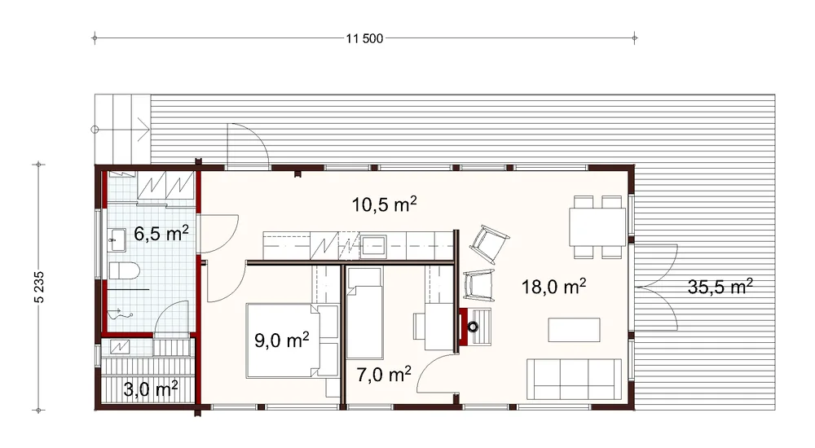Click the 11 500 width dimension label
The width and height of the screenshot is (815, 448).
364,38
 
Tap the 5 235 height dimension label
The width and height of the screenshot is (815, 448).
39,287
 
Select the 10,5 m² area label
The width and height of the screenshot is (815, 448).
384,204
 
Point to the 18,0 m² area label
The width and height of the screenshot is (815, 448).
553,286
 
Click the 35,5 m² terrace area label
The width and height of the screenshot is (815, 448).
720,286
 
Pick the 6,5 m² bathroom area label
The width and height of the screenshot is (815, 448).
161,233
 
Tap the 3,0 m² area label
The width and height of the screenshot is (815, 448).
151,389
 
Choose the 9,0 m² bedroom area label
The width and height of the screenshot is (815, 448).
282,340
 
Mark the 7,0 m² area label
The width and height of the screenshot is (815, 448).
384,374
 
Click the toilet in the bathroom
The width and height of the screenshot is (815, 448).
124,271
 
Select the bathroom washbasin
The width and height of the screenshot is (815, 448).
117,240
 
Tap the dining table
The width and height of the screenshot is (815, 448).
597,226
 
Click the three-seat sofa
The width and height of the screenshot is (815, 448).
575,379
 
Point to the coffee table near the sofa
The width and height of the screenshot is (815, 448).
575,330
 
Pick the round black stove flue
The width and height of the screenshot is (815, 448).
473,327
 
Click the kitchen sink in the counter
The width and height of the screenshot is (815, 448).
374,246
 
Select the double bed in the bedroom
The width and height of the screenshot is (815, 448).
293,340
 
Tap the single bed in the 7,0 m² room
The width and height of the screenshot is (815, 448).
364,313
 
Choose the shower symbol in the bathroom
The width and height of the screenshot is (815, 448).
121,313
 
